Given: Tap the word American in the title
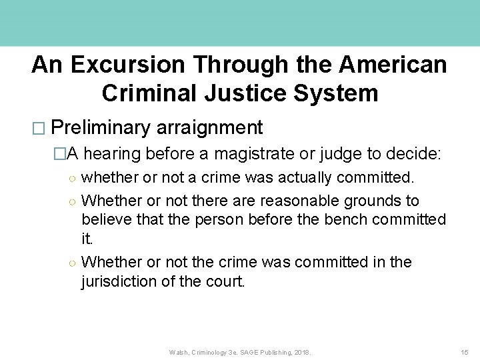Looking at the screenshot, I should coord(394,65).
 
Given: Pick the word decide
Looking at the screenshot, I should coord(413,155).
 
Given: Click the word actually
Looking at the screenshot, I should coord(305,178).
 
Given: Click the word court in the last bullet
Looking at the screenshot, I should coord(226,281).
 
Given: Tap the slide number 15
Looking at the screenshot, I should coord(465,351).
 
